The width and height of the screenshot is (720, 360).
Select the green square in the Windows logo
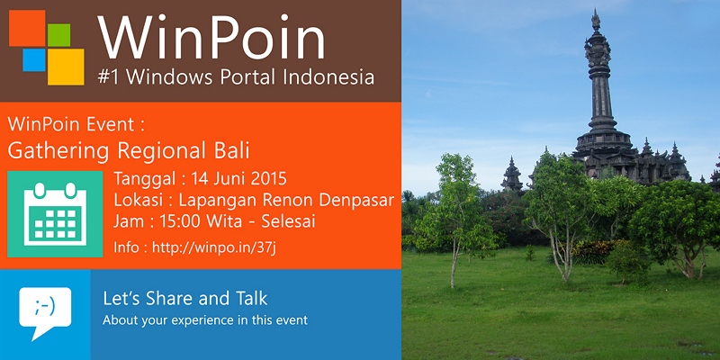coord(60,34)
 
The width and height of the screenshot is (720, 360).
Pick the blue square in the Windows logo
coord(33,60)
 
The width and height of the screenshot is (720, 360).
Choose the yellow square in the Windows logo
coord(66,66)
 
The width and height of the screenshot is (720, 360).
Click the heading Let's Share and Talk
coord(184,298)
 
